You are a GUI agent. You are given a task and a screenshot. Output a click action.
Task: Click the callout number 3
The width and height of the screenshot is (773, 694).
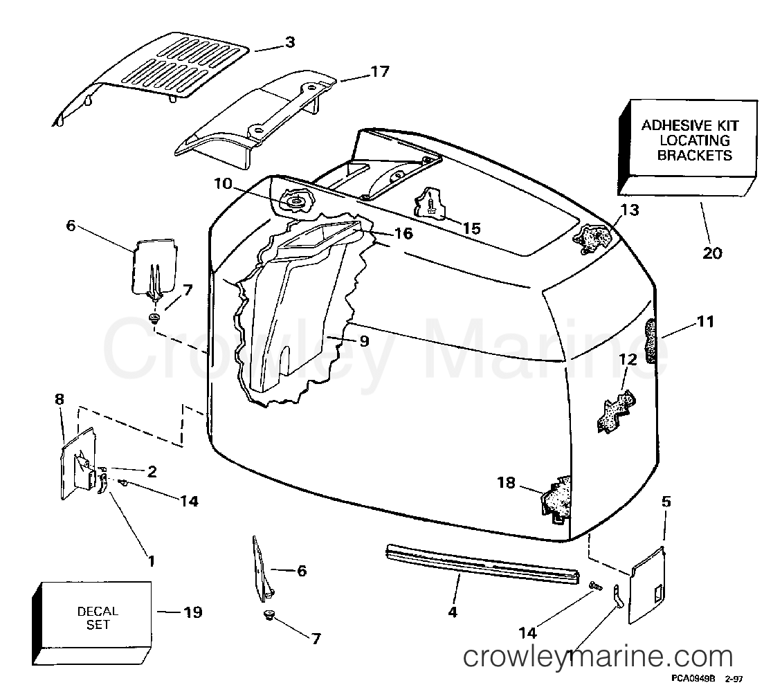[x=290, y=42]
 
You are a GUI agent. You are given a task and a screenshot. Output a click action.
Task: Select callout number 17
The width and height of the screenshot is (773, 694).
[x=380, y=72]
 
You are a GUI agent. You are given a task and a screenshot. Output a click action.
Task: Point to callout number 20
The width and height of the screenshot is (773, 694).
[x=712, y=253]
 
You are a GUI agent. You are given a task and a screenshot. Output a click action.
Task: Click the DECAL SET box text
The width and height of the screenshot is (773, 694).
[x=98, y=618]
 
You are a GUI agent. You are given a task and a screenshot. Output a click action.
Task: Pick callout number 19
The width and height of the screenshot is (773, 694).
[x=193, y=612]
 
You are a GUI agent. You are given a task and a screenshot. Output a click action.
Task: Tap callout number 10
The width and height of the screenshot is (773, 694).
[x=223, y=184]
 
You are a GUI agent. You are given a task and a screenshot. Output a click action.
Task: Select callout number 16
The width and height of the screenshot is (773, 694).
[x=403, y=233]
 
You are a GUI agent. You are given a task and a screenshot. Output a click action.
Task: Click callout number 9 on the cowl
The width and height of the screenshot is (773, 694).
[x=364, y=340]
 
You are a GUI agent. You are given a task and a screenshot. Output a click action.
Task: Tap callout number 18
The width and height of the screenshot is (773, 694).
[x=506, y=482]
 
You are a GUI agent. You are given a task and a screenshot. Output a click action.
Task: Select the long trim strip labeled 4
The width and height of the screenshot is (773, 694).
[x=483, y=563]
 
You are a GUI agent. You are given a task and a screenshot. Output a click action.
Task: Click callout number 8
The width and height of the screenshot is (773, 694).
[x=60, y=399]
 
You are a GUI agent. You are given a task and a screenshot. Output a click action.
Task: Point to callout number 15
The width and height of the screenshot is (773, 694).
[x=471, y=228]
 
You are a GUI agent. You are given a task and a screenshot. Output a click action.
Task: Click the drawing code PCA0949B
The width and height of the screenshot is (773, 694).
[x=693, y=679]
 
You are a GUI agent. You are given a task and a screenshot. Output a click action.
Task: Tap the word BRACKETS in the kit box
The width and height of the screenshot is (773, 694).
[x=695, y=155]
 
